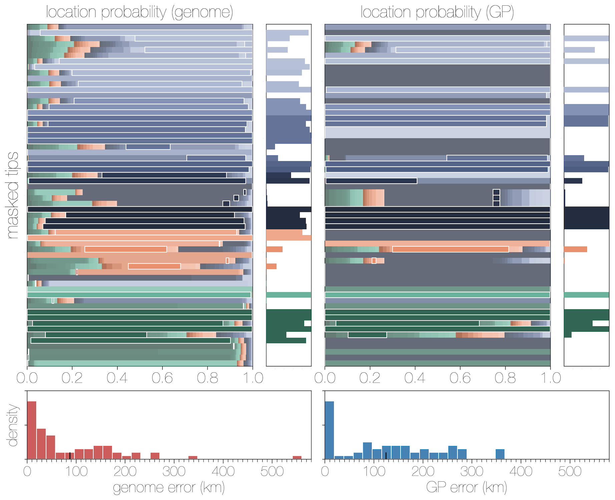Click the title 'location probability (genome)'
point(139,12)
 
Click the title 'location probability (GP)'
point(437,12)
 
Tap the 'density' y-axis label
point(13,425)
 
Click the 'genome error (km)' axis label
point(169,487)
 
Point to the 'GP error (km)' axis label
point(467,487)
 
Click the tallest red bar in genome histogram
point(32,430)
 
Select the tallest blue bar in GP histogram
point(329,430)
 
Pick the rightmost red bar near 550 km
point(297,457)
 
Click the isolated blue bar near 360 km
point(500,454)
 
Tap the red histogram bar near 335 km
point(193,457)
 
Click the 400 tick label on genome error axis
point(223,471)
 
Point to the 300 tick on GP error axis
point(472,471)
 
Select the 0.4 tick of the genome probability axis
point(117,378)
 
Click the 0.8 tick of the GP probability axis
point(505,378)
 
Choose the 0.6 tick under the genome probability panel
point(162,378)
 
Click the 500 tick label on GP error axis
point(570,471)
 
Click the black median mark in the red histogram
point(70,456)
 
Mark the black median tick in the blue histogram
point(386,456)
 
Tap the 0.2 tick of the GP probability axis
point(370,378)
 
